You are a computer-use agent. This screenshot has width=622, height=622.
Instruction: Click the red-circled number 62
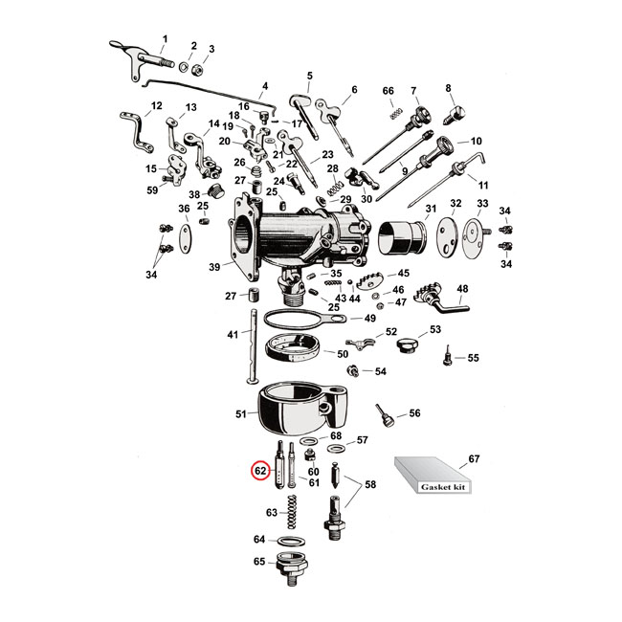pos(258,471)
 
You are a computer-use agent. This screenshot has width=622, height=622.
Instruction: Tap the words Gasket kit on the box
pos(446,486)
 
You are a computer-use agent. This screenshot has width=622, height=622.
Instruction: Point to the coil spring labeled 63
pos(295,513)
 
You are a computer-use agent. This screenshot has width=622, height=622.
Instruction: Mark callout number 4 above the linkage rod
pos(265,85)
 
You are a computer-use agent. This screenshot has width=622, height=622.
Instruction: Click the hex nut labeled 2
pos(192,65)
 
